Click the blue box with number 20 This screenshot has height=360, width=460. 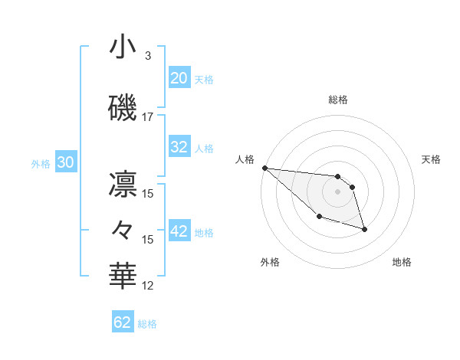coord(179,78)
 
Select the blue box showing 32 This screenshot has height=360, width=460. coord(179,147)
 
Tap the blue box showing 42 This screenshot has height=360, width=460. coord(179,231)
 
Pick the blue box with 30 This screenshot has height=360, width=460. coord(65,162)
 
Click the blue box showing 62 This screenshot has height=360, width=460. coord(123,322)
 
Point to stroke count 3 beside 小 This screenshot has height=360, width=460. coord(147,56)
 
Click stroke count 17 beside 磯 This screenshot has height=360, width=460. coord(148,117)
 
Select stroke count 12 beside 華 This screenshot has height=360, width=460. coord(148,286)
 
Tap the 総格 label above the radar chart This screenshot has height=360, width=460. coord(337,100)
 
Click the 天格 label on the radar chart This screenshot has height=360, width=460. coord(431,159)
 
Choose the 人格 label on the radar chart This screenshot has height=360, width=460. coord(245,159)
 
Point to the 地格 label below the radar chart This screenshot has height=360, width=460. coord(402,262)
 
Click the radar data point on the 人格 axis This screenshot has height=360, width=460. coord(264,168)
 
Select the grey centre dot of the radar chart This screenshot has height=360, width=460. coord(337,191)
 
